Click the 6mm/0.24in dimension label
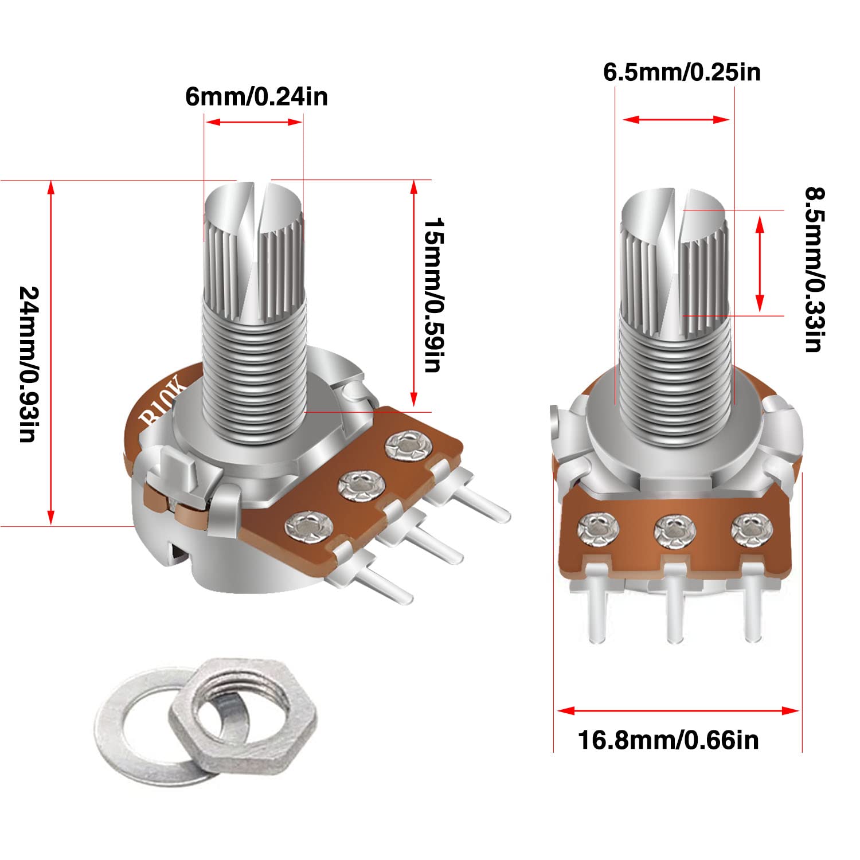click(x=256, y=96)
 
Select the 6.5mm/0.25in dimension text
click(x=682, y=72)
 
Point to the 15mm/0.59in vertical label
click(x=432, y=295)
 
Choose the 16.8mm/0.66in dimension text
click(x=668, y=740)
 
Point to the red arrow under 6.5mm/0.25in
click(x=676, y=119)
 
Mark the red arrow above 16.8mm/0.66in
click(x=678, y=711)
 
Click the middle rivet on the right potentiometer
click(x=674, y=530)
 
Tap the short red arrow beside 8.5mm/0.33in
click(x=760, y=264)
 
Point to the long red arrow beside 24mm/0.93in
click(x=52, y=353)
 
